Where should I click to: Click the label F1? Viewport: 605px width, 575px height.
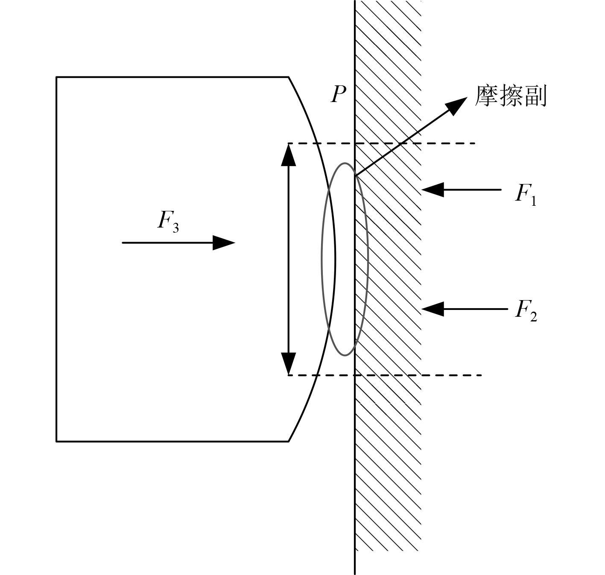(526, 195)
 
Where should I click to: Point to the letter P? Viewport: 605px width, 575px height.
(339, 94)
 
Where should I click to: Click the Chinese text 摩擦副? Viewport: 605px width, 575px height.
(511, 96)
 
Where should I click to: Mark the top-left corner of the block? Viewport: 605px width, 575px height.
(57, 77)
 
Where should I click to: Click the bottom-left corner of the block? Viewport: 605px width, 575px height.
(57, 441)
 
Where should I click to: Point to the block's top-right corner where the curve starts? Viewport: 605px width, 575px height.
(289, 77)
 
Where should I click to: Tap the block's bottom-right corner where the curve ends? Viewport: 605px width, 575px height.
(289, 441)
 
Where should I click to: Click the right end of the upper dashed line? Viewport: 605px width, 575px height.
(475, 143)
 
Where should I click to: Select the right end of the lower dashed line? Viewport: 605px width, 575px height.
(481, 375)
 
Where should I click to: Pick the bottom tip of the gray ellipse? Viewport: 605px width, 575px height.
(345, 355)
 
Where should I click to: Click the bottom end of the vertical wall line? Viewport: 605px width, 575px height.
(355, 573)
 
